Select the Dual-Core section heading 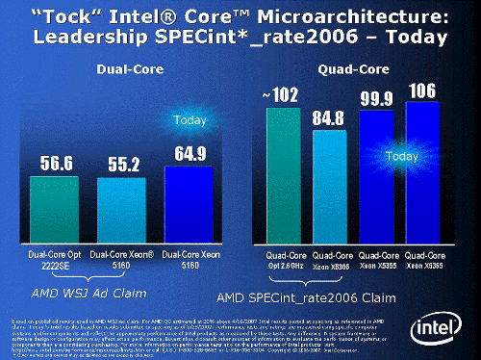(x=123, y=68)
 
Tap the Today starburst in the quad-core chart (x=395, y=154)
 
